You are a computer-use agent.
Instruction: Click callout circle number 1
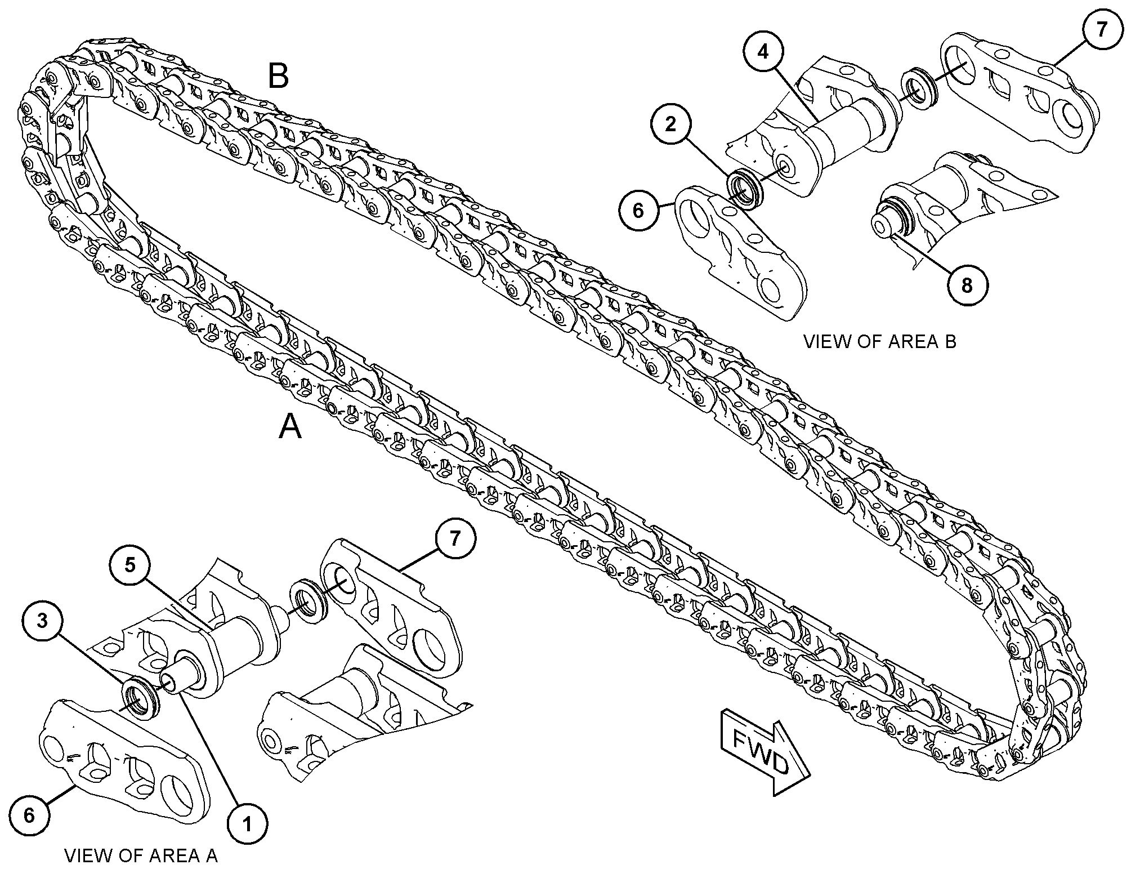click(x=247, y=824)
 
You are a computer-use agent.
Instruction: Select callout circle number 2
click(x=670, y=123)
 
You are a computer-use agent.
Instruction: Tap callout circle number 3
click(x=42, y=621)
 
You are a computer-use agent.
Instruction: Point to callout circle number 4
click(x=762, y=52)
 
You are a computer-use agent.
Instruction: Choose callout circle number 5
click(x=130, y=565)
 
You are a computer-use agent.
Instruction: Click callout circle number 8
click(x=967, y=286)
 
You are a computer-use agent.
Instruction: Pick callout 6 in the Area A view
click(x=29, y=815)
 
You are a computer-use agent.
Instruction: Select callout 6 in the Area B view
click(x=638, y=210)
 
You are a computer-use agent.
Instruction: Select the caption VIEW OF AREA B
click(x=879, y=341)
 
